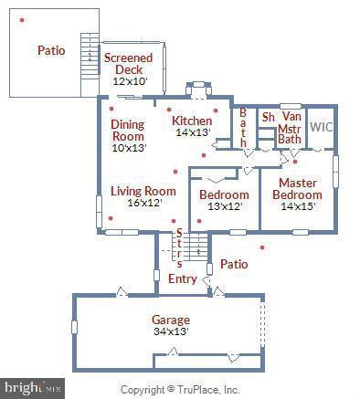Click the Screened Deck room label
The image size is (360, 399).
point(128,64)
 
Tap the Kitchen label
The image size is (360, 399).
point(192,121)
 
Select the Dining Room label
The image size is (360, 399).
point(128,130)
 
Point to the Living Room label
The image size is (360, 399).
point(143,191)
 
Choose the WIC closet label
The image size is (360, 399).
point(320,127)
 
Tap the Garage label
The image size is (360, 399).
point(171,320)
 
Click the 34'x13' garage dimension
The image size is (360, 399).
point(171,331)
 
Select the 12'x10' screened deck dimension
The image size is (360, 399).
point(129,81)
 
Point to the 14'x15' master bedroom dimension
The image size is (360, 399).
point(297,206)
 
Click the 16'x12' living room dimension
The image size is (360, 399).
point(143,203)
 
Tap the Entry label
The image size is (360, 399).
point(183,278)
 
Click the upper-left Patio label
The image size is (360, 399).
point(51,50)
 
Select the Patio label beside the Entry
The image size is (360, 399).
point(234,264)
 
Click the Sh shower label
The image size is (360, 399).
point(268,117)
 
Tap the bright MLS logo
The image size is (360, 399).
point(33,388)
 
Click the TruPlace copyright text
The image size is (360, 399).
point(180,390)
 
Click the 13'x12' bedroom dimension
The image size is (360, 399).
point(224,206)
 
